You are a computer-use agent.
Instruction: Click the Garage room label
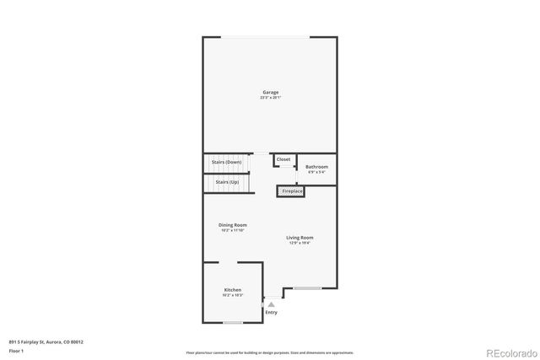(270, 93)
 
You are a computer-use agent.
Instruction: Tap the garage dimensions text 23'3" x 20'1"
(270, 98)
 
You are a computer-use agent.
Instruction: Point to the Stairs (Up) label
(227, 182)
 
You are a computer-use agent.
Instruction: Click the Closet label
(283, 159)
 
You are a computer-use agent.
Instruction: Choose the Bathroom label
(316, 167)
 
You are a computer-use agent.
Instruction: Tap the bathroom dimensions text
(316, 172)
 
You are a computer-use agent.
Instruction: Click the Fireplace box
(292, 191)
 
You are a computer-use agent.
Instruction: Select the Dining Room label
(233, 225)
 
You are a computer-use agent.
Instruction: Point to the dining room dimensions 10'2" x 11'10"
(233, 230)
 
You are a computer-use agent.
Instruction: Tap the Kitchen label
(232, 290)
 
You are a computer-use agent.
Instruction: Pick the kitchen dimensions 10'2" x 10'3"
(232, 295)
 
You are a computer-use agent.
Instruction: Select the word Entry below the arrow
(271, 313)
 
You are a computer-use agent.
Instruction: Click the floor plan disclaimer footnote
(269, 352)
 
